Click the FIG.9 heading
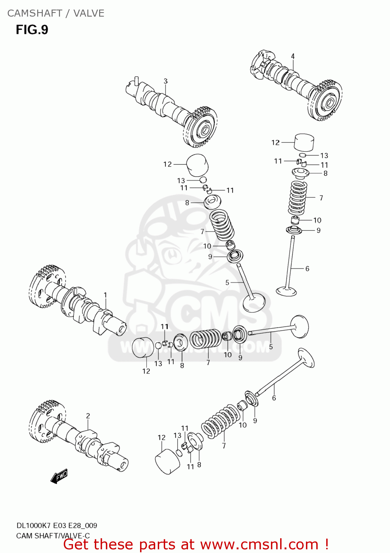pos(32,29)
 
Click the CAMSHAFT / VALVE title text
pos(56,13)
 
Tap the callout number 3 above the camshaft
pos(166,81)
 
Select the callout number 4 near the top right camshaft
pos(293,56)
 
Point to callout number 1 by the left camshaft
pos(105,295)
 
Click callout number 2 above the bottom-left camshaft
pos(88,416)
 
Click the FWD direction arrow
pos(59,476)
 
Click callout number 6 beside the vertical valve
pos(307,269)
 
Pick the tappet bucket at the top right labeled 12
pos(304,142)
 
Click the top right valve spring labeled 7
pos(298,198)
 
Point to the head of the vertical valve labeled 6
pos(286,291)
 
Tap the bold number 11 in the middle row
pos(164,326)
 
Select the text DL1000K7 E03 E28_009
pos(57,526)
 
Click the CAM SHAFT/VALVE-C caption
pos(53,536)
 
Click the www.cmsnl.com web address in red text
pos(259,545)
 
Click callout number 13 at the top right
pos(324,156)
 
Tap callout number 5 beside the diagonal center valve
pos(227,283)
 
